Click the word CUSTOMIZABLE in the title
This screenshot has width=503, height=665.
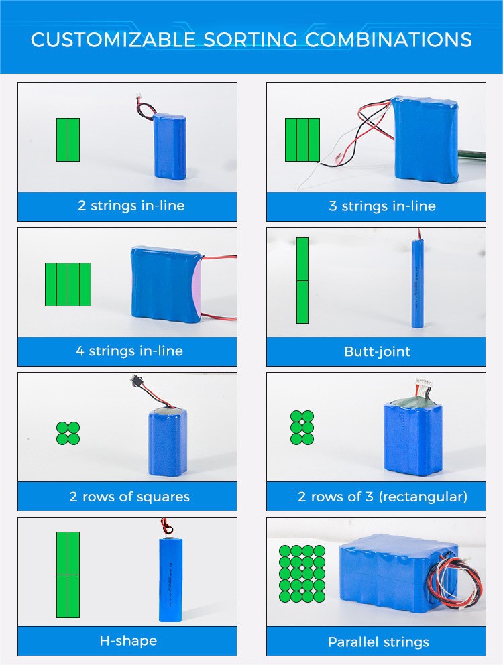coord(113,40)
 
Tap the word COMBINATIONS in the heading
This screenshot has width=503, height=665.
coord(388,40)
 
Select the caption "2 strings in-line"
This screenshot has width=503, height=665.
coord(131,206)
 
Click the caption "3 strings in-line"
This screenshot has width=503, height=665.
coord(382,206)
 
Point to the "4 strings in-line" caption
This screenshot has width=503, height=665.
coord(129,351)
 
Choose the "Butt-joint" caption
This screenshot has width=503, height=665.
coord(378,351)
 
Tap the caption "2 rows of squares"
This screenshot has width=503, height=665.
coord(129,496)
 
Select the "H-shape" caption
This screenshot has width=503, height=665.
coord(128,640)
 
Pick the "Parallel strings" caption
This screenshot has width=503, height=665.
coord(378,642)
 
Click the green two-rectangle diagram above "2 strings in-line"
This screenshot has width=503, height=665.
coord(68,139)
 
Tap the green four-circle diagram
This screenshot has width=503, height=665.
coord(68,433)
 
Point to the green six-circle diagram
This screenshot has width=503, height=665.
coord(302,428)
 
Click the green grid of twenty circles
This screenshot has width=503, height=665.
coord(302,574)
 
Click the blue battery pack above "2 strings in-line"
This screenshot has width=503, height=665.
coord(170,146)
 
